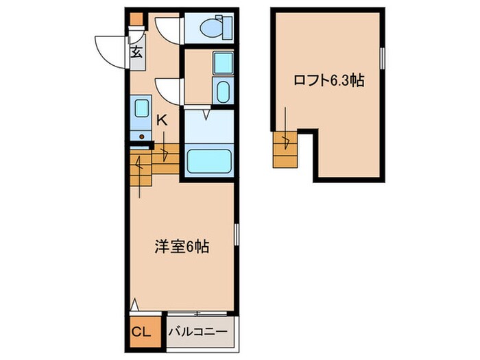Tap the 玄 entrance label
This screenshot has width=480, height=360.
[x=136, y=51]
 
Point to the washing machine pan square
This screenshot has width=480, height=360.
[x=222, y=63]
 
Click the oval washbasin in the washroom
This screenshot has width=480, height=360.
[x=222, y=92]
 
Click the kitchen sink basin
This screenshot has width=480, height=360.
[x=141, y=109]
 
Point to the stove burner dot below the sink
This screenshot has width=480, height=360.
[x=142, y=136]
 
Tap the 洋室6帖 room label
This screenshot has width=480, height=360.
[x=182, y=245]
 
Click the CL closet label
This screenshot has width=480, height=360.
[x=141, y=332]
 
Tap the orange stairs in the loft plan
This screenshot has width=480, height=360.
[x=284, y=150]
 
